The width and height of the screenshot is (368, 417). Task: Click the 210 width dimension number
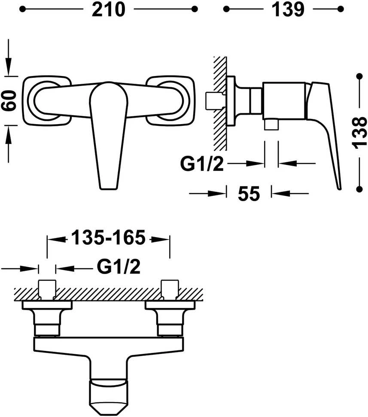click(108, 9)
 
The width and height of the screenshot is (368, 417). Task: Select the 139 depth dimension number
click(288, 9)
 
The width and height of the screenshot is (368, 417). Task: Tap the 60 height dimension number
click(9, 100)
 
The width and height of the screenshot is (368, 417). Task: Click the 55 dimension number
click(249, 193)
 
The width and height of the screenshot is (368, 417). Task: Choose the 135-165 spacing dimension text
click(109, 237)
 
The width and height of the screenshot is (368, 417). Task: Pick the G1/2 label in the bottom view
click(119, 267)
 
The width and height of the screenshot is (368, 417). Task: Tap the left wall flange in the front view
click(47, 101)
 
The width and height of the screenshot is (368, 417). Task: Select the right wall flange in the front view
click(170, 101)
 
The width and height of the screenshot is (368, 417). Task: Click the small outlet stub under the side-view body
click(271, 125)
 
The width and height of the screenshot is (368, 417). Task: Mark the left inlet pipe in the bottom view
click(47, 289)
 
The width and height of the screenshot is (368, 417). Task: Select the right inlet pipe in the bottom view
click(170, 289)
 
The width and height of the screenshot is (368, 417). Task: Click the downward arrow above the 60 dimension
click(9, 58)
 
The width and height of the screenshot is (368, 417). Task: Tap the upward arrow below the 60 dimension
click(9, 144)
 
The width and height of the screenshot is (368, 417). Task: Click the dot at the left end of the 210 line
click(23, 9)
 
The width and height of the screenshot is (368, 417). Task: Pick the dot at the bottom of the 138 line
click(359, 189)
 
